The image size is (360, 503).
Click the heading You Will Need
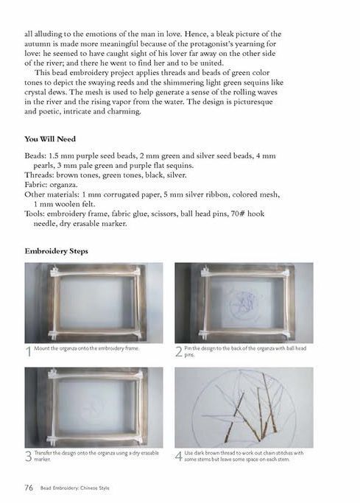click(50, 139)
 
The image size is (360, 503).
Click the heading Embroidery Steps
click(56, 251)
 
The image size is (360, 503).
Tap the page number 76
click(29, 488)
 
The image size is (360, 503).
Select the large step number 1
click(29, 351)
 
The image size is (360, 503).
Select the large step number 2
click(179, 351)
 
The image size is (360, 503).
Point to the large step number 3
click(28, 456)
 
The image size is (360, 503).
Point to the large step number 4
click(179, 456)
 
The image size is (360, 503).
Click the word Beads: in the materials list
click(35, 156)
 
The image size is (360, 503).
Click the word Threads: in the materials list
click(39, 175)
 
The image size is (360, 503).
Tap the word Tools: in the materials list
click(35, 214)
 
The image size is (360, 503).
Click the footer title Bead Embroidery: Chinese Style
click(74, 488)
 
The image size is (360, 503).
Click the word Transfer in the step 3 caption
click(43, 453)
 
